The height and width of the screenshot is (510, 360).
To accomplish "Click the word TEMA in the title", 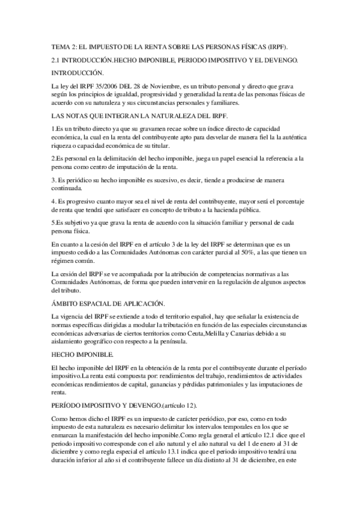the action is pos(61,46).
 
